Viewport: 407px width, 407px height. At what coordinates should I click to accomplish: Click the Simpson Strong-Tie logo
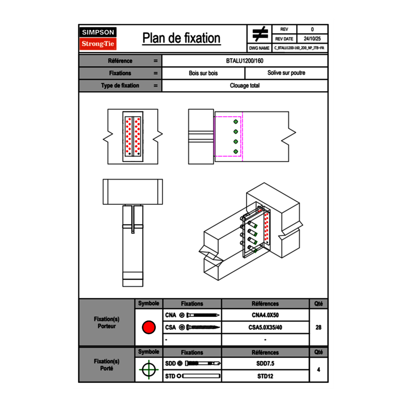98,38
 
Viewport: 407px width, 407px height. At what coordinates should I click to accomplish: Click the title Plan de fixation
181,38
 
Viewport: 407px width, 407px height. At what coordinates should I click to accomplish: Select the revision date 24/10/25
312,39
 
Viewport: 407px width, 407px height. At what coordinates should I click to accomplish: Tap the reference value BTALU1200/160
245,61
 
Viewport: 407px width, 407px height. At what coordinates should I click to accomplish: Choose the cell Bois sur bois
203,73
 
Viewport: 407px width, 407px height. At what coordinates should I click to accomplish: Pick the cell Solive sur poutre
286,73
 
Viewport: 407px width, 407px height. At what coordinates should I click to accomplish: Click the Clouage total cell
245,86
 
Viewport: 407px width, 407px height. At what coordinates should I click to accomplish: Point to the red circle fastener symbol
148,327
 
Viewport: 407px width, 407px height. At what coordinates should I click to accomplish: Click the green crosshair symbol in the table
148,370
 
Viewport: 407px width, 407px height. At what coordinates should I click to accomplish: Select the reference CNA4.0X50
265,315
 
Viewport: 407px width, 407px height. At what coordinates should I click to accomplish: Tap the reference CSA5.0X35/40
265,327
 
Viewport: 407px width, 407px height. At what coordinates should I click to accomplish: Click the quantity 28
318,327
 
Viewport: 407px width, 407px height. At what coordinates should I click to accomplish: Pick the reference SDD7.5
265,364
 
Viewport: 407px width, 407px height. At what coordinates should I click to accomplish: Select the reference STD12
265,376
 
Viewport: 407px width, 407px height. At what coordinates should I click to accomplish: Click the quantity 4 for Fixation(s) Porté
318,370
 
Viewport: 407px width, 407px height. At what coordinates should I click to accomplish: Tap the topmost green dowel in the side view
236,121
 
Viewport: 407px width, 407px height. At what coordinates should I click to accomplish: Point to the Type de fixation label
120,86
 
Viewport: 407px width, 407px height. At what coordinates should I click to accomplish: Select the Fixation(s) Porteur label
106,322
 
